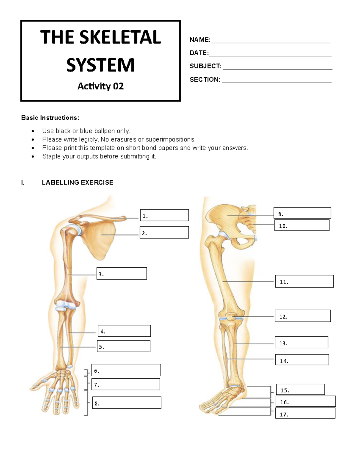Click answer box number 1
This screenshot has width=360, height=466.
(x=164, y=215)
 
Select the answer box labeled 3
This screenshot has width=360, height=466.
(x=121, y=274)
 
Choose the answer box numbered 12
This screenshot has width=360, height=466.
(x=303, y=316)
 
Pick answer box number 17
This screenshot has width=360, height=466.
(x=305, y=413)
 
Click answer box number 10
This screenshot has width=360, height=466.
(x=302, y=225)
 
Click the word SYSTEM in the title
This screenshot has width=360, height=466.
(x=100, y=65)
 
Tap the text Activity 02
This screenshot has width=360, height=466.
(x=100, y=86)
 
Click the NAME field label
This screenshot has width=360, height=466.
(x=200, y=40)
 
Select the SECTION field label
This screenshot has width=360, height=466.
(x=205, y=80)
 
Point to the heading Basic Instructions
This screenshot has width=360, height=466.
(x=50, y=118)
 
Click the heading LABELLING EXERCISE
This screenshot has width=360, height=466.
(x=77, y=182)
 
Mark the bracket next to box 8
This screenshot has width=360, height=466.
(x=86, y=403)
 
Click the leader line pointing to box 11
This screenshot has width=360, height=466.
(x=249, y=281)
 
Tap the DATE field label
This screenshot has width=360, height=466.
(x=199, y=53)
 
